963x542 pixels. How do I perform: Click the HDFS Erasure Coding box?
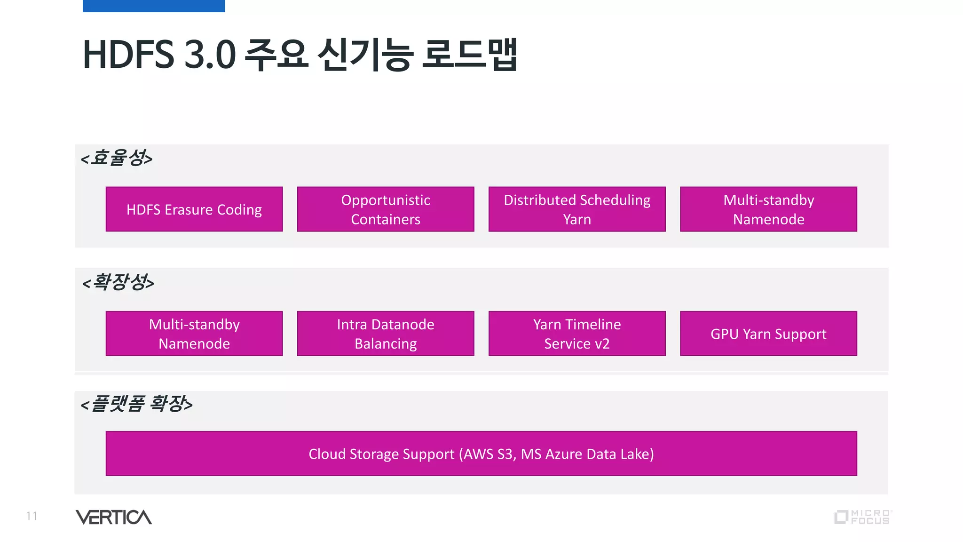tap(194, 209)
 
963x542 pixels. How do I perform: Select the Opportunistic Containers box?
tap(385, 209)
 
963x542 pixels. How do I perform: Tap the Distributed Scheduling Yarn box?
tap(576, 209)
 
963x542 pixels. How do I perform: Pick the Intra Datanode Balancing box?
tap(385, 334)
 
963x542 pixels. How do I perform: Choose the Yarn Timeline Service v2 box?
tap(576, 334)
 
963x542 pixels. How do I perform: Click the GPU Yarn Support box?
tap(768, 334)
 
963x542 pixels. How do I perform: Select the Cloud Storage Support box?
tap(481, 454)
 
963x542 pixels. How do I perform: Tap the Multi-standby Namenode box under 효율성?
tap(768, 209)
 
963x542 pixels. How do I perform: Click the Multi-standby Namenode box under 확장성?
tap(194, 334)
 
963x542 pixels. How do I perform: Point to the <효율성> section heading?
tap(117, 158)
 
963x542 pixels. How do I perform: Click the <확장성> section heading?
tap(118, 282)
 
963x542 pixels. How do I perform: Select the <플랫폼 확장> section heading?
tap(136, 404)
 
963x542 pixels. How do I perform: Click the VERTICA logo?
tap(113, 517)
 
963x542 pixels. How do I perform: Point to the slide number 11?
tap(32, 516)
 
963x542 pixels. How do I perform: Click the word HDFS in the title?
tap(128, 55)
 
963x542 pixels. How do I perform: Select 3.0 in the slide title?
tap(210, 55)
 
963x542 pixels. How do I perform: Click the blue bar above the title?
tap(154, 6)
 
